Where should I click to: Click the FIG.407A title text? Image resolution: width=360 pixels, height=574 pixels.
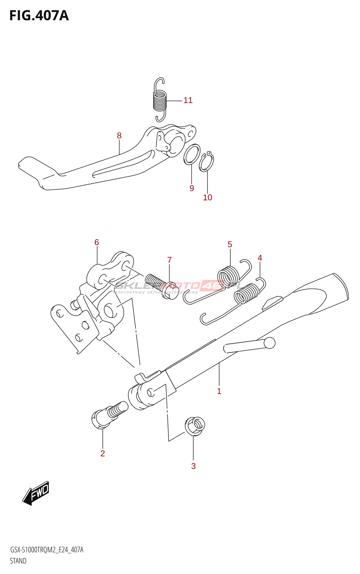39,16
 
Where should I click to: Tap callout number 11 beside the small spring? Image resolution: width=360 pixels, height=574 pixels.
188,100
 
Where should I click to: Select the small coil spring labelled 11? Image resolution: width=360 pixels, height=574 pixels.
160,100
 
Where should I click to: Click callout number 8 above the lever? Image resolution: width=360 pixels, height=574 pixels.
119,136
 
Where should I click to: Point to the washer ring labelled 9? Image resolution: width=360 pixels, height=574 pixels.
192,154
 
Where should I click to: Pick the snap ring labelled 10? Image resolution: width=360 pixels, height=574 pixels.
207,162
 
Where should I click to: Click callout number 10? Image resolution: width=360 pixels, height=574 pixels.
208,198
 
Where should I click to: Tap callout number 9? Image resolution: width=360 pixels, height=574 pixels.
192,188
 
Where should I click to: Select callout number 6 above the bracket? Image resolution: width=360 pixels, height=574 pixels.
96,243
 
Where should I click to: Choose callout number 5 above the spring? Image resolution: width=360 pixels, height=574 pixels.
230,245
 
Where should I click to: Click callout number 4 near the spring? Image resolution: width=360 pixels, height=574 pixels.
260,258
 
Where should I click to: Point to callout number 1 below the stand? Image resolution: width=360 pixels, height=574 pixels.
219,391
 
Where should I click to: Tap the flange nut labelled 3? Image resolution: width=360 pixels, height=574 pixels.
195,426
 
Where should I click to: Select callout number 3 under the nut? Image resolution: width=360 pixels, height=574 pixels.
193,466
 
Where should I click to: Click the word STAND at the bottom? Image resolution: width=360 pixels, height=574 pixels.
18,561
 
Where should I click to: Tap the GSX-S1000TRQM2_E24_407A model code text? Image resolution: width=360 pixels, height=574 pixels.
47,550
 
